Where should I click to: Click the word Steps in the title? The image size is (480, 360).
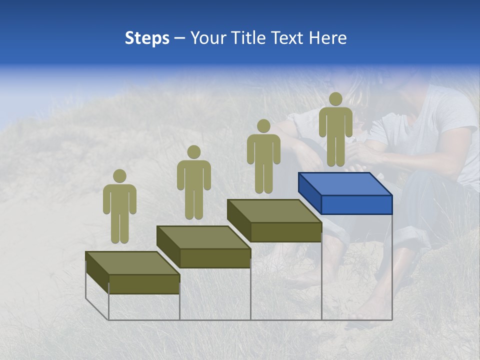147,38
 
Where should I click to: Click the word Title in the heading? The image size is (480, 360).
248,38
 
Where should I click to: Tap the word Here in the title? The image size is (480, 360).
327,38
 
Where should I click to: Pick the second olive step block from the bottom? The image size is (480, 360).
203,246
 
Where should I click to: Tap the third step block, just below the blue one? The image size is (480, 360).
274,220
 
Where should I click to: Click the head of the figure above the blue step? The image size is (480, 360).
335,99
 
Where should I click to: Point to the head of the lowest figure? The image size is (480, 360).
119,176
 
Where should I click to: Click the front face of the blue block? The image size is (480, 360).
356,204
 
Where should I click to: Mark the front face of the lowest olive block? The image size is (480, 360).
144,284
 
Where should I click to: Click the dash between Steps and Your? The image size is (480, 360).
179,39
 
